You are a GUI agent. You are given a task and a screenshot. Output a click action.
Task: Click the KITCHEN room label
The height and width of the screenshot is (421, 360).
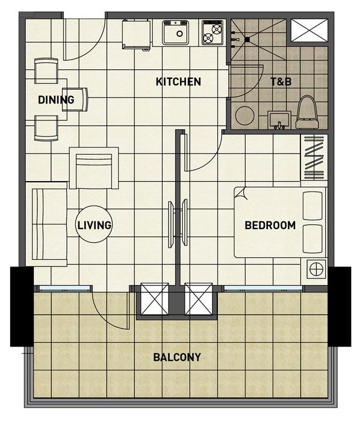(178, 82)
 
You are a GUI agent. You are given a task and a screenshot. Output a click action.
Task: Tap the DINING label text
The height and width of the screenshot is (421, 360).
(56, 100)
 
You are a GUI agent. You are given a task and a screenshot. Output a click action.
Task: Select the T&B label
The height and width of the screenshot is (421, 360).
(281, 82)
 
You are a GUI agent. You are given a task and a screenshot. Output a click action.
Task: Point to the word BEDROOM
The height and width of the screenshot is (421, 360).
(270, 226)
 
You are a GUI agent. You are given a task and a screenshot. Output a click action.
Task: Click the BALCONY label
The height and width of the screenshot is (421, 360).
(177, 357)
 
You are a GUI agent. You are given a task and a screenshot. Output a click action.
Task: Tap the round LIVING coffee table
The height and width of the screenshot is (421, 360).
(94, 224)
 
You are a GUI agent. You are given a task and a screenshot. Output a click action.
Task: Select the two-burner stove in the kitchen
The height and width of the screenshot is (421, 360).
(213, 32)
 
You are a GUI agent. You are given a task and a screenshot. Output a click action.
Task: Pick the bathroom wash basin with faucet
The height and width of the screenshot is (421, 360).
(279, 120)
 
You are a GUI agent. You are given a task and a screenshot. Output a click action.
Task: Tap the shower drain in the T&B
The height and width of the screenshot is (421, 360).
(247, 40)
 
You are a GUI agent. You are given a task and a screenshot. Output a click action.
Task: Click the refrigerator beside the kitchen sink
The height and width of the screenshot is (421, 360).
(136, 34)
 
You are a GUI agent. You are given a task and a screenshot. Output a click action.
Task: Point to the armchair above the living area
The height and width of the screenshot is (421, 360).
(94, 168)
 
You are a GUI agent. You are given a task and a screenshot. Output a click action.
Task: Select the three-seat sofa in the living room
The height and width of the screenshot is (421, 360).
(49, 224)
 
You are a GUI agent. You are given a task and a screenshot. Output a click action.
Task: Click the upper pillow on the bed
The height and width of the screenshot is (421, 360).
(312, 206)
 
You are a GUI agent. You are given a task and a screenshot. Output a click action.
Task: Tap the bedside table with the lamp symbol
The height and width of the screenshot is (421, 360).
(317, 269)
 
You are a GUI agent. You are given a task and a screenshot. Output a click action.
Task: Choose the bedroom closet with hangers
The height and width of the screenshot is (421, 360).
(314, 157)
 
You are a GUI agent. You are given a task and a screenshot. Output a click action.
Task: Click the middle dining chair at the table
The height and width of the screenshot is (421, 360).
(75, 99)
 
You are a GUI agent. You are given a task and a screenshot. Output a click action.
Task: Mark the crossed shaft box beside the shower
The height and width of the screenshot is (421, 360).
(309, 30)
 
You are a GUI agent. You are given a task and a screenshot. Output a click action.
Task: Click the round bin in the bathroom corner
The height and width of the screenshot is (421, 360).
(245, 115)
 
